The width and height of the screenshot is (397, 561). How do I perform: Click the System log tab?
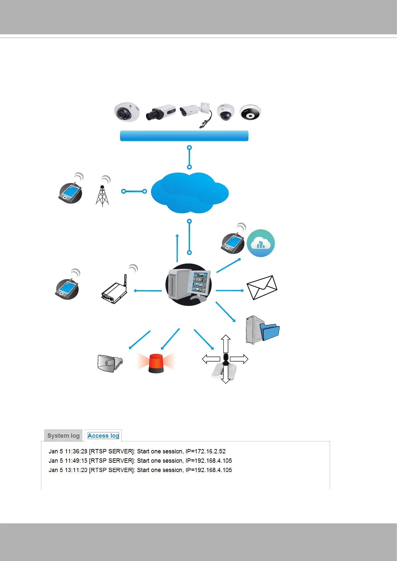[63, 436]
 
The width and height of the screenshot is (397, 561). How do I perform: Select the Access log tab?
[103, 436]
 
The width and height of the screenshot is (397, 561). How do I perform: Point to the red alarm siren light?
[156, 363]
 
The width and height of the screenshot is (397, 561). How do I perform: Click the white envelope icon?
[262, 287]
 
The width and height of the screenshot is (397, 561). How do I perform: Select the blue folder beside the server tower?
[270, 331]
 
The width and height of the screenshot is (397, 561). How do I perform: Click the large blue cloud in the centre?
[189, 193]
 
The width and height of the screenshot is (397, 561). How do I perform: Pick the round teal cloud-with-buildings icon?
[261, 243]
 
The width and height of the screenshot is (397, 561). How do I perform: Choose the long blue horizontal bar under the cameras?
[184, 136]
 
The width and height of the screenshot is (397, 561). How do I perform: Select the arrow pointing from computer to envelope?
[230, 290]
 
